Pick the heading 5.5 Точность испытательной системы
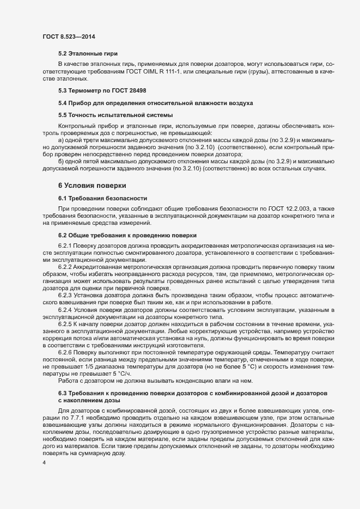tap(115, 115)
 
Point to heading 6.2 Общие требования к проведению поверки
tap(127, 235)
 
